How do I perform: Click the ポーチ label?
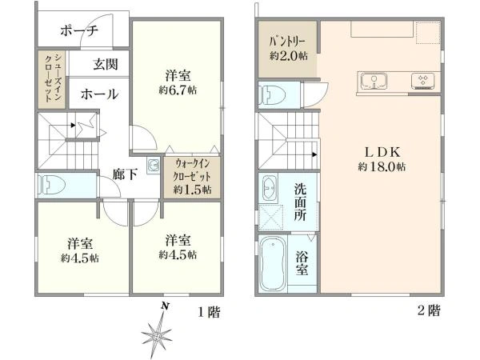[x=78, y=31]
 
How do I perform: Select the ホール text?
[x=98, y=94]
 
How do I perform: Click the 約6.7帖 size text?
[x=178, y=89]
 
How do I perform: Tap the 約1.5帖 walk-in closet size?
[x=192, y=190]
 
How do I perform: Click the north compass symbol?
[x=158, y=329]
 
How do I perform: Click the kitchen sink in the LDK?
[x=373, y=80]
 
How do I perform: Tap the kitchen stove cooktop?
[x=422, y=80]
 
